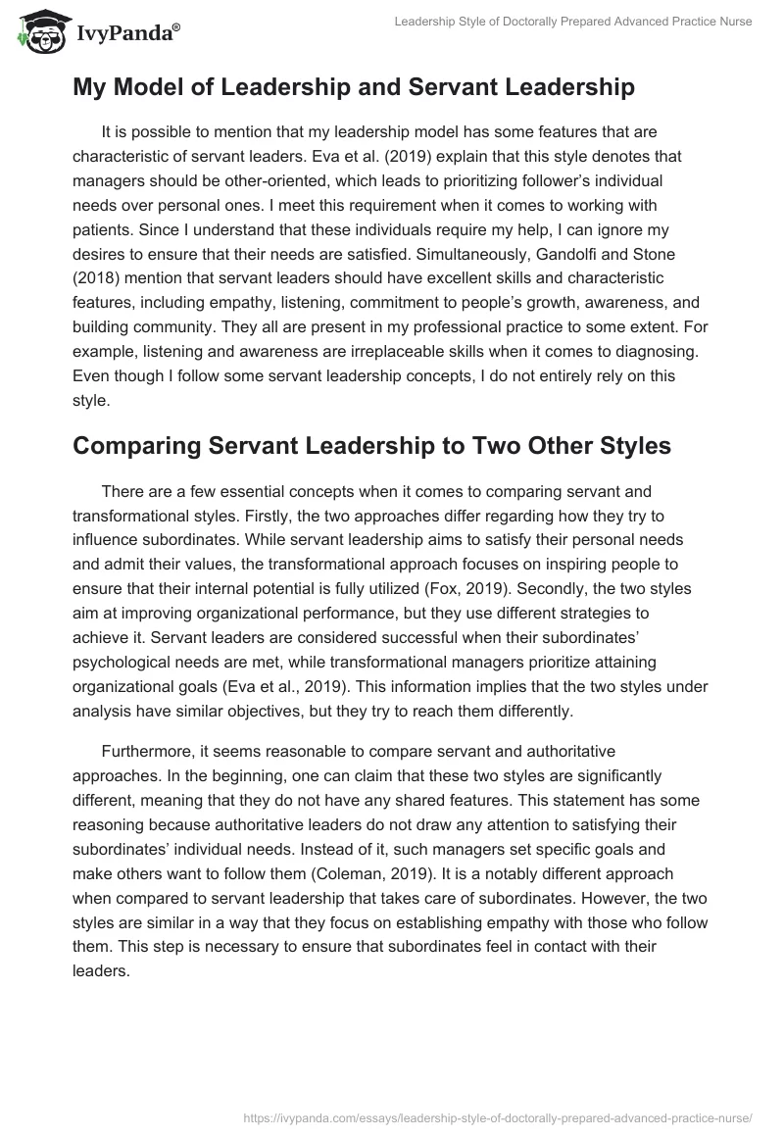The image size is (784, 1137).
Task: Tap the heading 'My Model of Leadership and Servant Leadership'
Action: (353, 87)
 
